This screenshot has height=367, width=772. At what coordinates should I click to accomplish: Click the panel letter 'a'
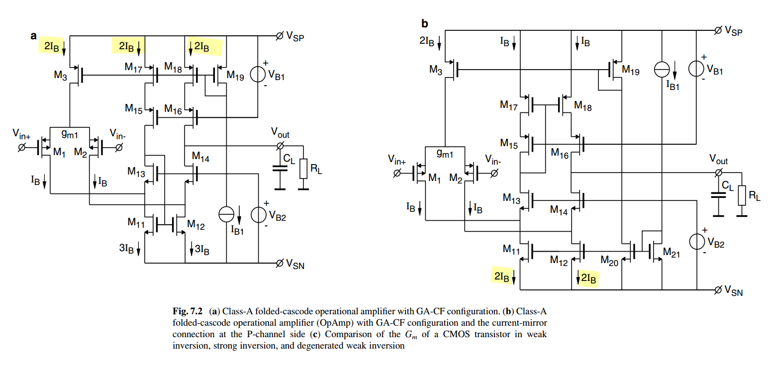pyautogui.click(x=34, y=36)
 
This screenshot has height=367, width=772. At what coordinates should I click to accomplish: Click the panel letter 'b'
pyautogui.click(x=425, y=23)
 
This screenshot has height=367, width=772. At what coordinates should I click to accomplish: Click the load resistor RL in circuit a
pyautogui.click(x=303, y=170)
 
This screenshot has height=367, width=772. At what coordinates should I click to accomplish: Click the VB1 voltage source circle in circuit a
pyautogui.click(x=258, y=75)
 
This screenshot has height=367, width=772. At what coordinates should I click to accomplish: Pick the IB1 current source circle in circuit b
pyautogui.click(x=662, y=69)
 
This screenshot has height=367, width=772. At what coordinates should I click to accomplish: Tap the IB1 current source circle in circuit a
pyautogui.click(x=226, y=214)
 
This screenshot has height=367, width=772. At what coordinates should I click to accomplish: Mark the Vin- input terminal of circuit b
pyautogui.click(x=494, y=173)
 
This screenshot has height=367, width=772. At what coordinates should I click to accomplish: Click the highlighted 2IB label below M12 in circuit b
pyautogui.click(x=587, y=279)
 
